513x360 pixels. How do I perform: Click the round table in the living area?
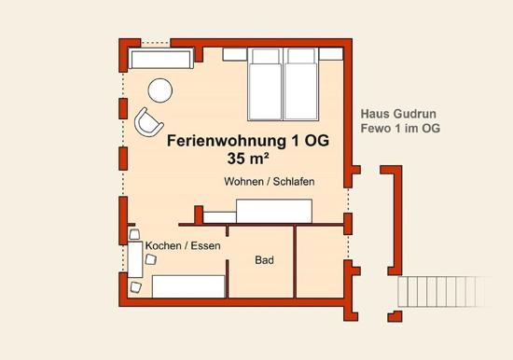pos(160,90)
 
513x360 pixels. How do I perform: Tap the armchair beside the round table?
pos(148,122)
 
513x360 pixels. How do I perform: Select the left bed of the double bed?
pos(265,85)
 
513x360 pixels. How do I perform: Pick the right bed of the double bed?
pos(301,85)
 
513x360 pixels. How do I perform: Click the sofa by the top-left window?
pos(161,58)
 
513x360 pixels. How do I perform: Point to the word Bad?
pos(264,260)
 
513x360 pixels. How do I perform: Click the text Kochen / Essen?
pos(183,246)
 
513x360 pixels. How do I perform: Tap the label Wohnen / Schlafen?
pos(270,181)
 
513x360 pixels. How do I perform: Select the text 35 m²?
pos(248,159)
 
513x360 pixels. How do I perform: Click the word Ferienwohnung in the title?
pos(227,141)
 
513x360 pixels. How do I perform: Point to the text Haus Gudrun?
pos(398,114)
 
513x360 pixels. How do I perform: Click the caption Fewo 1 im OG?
pos(400,129)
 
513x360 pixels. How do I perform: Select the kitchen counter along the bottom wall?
pos(188,286)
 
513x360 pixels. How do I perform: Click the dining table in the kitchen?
pos(135,259)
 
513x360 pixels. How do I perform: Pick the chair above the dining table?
pos(134,234)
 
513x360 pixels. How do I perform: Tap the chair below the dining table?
pos(136,287)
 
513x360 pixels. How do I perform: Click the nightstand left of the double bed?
pos(234,54)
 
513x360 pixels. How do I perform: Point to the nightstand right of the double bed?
pos(331,54)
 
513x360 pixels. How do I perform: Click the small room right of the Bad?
pos(320,262)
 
